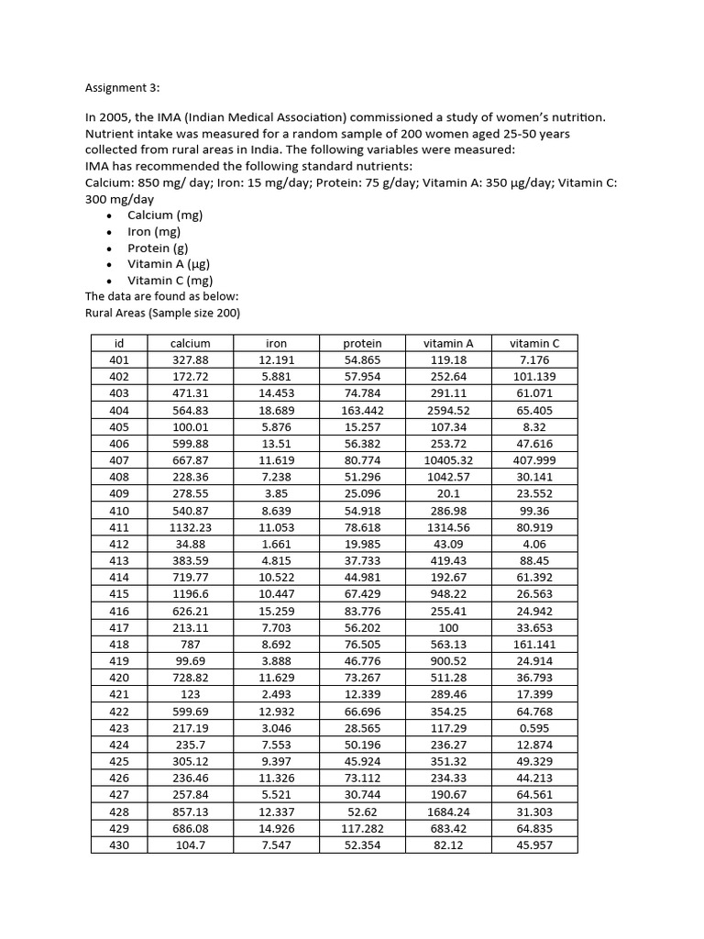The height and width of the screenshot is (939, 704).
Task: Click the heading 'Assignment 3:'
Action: (122, 88)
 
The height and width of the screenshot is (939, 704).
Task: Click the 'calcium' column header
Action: (191, 343)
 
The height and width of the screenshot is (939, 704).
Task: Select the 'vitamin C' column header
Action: (534, 343)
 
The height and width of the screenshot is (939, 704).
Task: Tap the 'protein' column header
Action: (362, 343)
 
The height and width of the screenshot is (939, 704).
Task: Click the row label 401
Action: (119, 360)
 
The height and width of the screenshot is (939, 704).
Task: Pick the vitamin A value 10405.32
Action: (449, 460)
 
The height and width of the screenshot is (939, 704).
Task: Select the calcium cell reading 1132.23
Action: (191, 527)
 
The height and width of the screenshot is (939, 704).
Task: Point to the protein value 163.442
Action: (362, 410)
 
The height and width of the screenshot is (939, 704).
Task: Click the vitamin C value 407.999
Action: (534, 460)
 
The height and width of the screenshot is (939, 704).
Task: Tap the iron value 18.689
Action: (276, 410)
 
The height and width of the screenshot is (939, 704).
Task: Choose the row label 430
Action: (119, 845)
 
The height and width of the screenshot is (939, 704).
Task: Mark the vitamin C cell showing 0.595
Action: (534, 728)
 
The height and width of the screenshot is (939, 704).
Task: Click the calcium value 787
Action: (191, 645)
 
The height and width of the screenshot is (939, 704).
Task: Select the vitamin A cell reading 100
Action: (449, 627)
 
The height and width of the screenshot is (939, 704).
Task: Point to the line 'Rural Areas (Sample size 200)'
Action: (162, 313)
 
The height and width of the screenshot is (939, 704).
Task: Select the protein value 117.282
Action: (362, 828)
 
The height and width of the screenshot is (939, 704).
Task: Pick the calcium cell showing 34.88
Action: (191, 544)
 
